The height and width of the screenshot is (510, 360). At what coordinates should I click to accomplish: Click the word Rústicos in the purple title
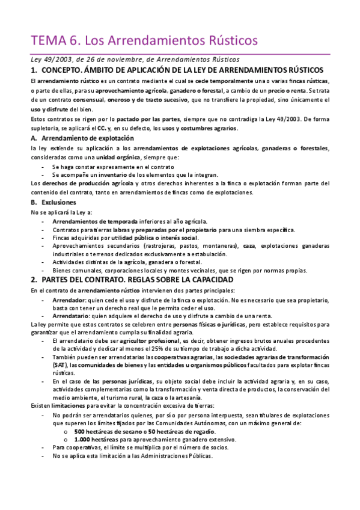232,40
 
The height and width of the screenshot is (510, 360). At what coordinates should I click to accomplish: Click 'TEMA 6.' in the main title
55,40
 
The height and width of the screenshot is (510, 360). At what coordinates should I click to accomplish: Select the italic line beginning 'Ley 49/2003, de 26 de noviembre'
135,59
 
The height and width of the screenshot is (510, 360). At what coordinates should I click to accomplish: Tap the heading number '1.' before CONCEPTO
35,70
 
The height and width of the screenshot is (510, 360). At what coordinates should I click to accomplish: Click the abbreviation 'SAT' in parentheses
59,365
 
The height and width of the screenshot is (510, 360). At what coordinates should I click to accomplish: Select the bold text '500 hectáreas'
96,431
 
